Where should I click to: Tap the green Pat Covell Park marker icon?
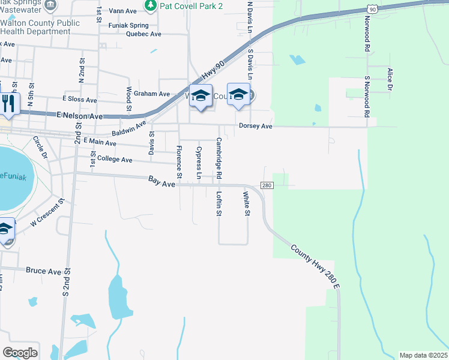click(150, 5)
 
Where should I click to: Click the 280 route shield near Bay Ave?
click(267, 185)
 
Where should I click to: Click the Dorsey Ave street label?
click(256, 127)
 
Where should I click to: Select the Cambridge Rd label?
click(219, 158)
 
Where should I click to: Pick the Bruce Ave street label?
click(44, 271)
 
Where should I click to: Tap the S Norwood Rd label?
click(367, 96)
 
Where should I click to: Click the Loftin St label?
click(219, 205)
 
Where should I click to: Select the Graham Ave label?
click(152, 94)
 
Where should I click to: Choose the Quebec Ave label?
click(144, 34)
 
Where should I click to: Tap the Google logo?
click(20, 353)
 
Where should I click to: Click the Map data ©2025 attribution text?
click(423, 355)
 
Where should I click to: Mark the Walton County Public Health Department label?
click(40, 28)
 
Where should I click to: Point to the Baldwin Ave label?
click(130, 129)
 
